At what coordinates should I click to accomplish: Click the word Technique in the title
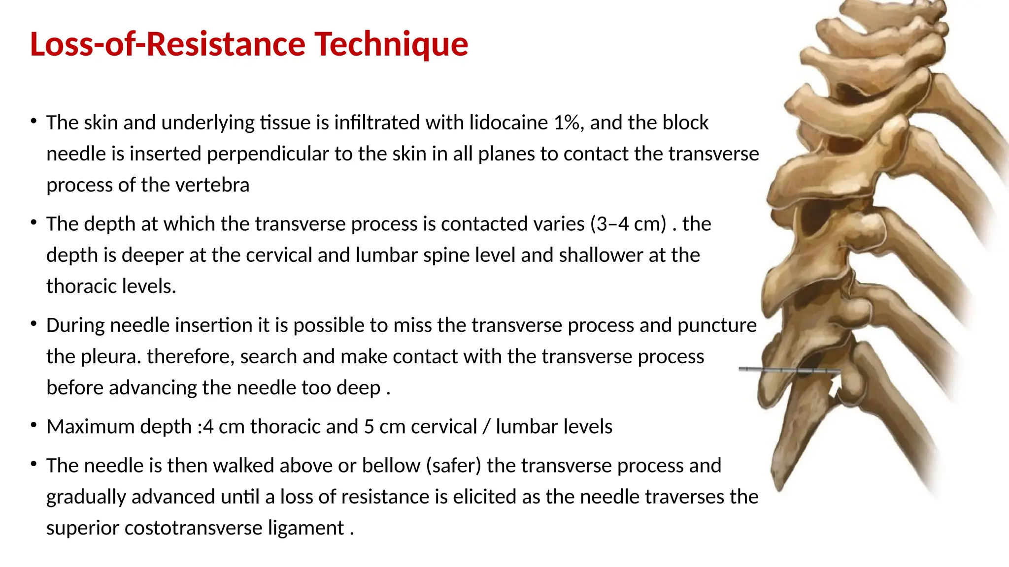(x=391, y=44)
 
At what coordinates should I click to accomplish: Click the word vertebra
(x=212, y=185)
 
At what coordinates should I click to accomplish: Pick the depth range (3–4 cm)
(x=628, y=224)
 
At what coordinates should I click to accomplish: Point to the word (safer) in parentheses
(x=453, y=466)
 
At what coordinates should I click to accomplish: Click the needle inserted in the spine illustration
(x=788, y=370)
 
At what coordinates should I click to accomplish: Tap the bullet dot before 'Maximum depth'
(x=34, y=425)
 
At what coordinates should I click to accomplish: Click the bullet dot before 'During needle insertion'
(x=34, y=323)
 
